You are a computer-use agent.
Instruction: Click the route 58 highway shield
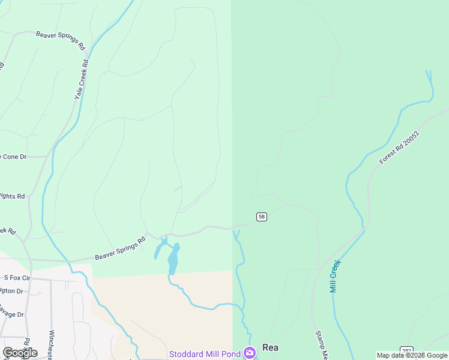261,217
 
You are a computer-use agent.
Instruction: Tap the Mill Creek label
336,276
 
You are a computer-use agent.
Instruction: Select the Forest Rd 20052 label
399,148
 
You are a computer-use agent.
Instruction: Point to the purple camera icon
249,352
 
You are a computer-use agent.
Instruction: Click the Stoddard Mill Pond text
205,354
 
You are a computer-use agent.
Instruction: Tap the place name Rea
271,347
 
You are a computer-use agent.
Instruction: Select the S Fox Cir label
17,278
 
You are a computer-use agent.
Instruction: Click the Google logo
20,352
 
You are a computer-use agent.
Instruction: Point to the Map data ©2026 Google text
412,355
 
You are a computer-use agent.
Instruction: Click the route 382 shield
407,350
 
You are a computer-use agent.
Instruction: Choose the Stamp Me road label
321,345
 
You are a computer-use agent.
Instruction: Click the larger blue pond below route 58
173,259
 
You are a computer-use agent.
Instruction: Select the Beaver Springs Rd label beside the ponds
120,248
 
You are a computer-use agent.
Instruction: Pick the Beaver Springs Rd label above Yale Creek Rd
60,40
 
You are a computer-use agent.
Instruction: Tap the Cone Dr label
14,157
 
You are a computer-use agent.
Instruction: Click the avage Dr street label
11,314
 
